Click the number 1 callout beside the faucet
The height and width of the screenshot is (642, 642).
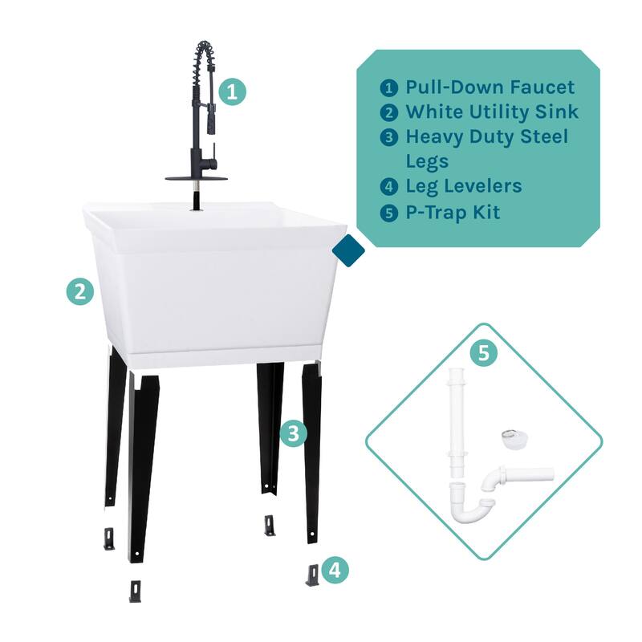click(232, 91)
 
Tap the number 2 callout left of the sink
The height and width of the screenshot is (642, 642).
click(79, 292)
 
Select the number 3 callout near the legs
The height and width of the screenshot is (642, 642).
click(294, 434)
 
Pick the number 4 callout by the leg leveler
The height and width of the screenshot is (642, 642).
click(335, 571)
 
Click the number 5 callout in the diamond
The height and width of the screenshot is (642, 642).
click(482, 354)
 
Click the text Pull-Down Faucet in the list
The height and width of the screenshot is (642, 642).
click(490, 87)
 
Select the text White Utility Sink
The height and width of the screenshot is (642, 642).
click(491, 112)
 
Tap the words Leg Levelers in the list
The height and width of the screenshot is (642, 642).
click(463, 187)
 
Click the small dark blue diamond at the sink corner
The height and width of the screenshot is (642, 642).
click(348, 250)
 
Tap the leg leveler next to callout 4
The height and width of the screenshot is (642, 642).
click(312, 575)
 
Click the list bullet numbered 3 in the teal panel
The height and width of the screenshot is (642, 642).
click(389, 137)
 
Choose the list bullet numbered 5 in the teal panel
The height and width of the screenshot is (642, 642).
click(389, 213)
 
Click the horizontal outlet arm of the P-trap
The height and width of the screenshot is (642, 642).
click(526, 475)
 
